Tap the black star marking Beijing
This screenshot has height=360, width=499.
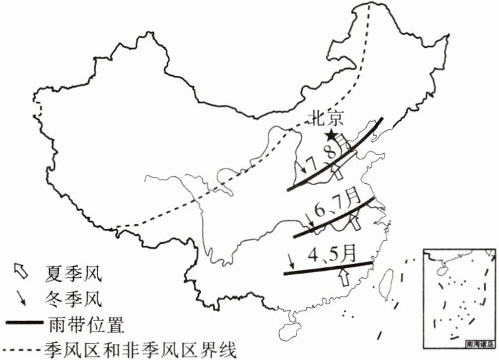[333, 135]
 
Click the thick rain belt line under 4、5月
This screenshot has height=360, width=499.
[327, 268]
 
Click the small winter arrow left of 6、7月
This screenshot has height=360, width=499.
[309, 222]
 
